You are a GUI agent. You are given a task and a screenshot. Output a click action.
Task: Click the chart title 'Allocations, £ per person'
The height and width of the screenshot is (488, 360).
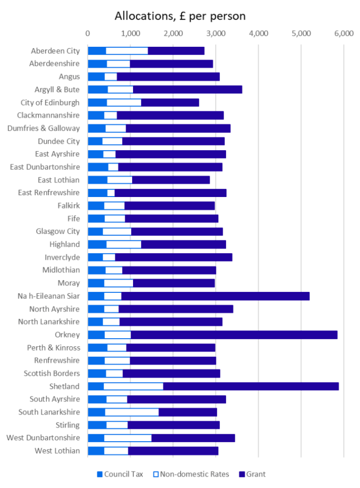[180, 16]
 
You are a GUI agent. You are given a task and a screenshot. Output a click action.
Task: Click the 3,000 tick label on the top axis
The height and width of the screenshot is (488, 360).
[216, 33]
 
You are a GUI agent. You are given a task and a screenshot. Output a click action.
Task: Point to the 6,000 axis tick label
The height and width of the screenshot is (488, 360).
[343, 33]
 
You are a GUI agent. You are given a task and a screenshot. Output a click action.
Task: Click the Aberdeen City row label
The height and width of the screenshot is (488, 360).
[56, 51]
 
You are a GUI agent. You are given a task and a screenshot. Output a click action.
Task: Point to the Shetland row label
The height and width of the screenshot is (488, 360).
[64, 386]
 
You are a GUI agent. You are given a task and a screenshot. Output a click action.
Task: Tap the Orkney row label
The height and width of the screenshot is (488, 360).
[67, 334]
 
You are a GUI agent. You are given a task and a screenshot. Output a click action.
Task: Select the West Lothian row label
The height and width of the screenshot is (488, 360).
[58, 450]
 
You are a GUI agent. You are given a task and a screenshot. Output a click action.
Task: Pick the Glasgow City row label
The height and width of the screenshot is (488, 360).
[58, 231]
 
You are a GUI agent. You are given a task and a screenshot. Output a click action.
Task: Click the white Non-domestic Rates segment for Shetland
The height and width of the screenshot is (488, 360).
[133, 386]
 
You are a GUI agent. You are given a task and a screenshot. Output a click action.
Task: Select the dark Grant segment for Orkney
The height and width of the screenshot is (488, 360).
[234, 334]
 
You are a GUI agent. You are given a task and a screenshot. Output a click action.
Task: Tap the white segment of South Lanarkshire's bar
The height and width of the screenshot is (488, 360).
[132, 412]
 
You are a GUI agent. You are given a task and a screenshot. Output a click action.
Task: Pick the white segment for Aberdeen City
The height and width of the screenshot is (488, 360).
[127, 51]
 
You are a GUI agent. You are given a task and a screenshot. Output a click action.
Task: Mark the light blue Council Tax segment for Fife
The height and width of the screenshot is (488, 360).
[96, 218]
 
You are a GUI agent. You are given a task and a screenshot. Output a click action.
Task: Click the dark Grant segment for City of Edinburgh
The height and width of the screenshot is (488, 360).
[170, 102]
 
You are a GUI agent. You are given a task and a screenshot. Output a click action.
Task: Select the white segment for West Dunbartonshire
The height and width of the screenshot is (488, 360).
[127, 437]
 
